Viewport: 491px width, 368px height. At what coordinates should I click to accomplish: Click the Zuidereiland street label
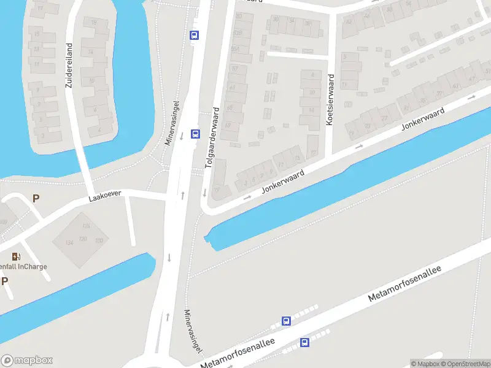[x=69, y=65]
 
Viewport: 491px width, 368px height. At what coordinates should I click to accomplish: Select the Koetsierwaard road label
[x=330, y=100]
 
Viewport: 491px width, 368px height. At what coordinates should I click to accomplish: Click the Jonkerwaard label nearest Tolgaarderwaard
[x=284, y=182]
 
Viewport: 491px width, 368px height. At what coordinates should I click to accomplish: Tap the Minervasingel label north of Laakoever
[x=172, y=123]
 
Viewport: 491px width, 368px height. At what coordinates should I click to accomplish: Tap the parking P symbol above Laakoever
[x=36, y=198]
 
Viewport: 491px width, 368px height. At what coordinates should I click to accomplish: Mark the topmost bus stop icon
[x=195, y=35]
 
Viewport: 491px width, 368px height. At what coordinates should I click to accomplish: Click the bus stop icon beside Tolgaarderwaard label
[x=195, y=134]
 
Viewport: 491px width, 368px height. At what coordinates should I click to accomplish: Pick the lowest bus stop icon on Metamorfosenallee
[x=304, y=342]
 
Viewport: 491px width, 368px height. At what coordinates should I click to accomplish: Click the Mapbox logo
[x=27, y=361]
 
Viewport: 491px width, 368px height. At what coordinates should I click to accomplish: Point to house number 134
[x=69, y=243]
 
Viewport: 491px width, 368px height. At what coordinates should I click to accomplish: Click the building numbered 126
[x=86, y=226]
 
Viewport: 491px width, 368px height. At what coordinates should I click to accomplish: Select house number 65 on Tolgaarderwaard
[x=230, y=107]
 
